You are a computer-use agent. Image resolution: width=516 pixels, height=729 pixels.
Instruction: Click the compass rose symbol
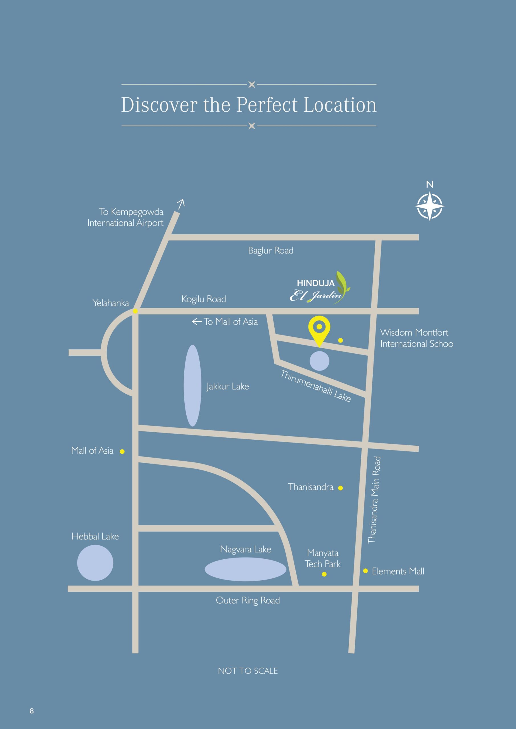tap(429, 206)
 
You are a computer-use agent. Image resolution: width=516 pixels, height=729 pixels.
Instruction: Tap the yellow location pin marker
tap(319, 329)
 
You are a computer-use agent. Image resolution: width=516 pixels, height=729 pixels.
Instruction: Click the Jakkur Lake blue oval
tap(193, 386)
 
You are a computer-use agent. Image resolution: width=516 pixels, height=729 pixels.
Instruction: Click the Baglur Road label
tap(271, 251)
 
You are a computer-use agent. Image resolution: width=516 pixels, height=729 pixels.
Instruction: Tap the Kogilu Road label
tap(204, 299)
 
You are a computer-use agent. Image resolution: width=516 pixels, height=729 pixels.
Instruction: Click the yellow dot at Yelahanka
tap(135, 311)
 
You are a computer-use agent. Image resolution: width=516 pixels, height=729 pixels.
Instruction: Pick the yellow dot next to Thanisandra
tap(340, 488)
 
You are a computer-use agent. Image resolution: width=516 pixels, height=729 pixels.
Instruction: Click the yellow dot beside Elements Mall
tap(365, 571)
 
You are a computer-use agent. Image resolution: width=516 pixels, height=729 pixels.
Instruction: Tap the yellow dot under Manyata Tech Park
tap(324, 574)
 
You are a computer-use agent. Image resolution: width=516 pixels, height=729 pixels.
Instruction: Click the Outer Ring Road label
tap(248, 600)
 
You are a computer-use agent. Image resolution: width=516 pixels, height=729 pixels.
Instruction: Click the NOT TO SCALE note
tap(248, 671)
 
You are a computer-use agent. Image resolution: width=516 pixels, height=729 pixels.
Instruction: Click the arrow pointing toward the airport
tap(181, 204)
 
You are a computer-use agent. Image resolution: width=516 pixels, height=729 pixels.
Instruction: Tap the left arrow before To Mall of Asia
tap(197, 322)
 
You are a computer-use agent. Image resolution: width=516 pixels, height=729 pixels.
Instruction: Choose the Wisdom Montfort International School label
tap(416, 338)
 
